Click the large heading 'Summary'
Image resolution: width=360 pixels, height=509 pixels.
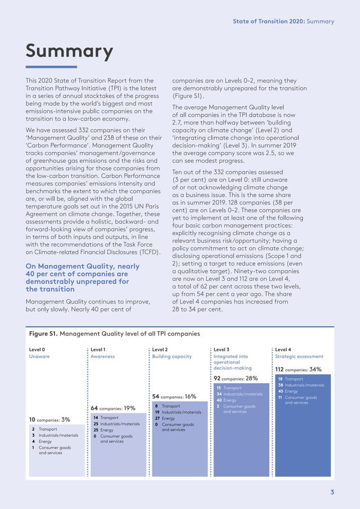(x=69, y=52)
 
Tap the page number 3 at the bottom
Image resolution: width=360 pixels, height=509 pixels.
(x=332, y=492)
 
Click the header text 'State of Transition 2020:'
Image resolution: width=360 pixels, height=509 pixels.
(x=265, y=21)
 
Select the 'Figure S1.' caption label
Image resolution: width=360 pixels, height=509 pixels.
(x=43, y=334)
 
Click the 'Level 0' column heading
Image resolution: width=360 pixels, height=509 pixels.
(x=37, y=350)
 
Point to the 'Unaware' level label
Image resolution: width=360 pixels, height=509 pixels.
(x=39, y=357)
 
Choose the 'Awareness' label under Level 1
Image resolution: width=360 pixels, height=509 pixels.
(x=103, y=357)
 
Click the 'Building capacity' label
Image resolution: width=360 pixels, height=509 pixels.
(x=172, y=357)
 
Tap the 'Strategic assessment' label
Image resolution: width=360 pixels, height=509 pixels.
(x=299, y=357)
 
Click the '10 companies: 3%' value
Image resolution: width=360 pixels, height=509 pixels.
(x=50, y=419)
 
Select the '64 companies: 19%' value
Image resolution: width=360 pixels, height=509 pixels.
(x=113, y=407)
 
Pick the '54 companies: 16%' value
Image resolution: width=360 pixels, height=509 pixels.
(x=174, y=396)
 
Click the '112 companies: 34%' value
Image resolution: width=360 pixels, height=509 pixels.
(x=298, y=370)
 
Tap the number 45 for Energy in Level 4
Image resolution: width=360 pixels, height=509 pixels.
(x=281, y=391)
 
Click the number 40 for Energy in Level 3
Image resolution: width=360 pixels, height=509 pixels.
(x=219, y=400)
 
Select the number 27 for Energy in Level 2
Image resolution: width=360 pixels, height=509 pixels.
(x=157, y=418)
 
